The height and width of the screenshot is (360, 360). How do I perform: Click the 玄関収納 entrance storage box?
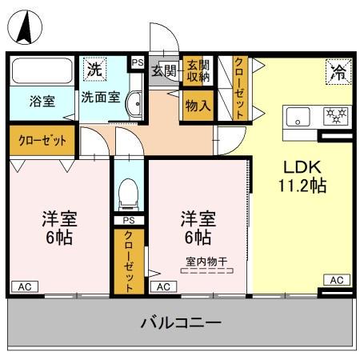click(x=196, y=71)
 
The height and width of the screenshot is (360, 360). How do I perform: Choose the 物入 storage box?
click(x=197, y=104)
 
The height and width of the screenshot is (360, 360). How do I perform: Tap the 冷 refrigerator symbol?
click(x=336, y=72)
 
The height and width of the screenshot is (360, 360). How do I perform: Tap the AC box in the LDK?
click(x=337, y=280)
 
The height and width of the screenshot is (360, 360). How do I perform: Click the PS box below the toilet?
click(x=128, y=221)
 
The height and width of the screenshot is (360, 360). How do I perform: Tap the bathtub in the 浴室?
click(x=40, y=72)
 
